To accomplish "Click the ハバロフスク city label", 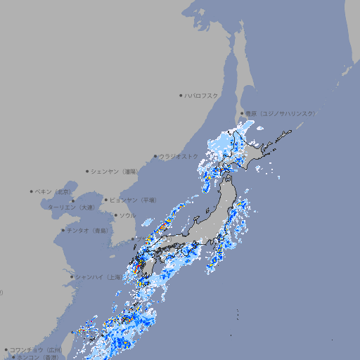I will tap(202, 95).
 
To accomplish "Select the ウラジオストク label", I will tap(179, 156).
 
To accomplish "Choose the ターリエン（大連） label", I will tap(71, 207).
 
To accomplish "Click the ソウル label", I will tap(127, 215).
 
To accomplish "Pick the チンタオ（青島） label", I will tap(87, 230).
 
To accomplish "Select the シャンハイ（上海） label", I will tap(98, 277).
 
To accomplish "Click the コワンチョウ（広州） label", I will tap(36, 349).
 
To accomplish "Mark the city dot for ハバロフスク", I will tap(181, 95).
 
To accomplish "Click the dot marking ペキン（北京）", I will tap(32, 191).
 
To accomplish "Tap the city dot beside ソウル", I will tap(115, 215).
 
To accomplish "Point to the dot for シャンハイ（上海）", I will tap(72, 277).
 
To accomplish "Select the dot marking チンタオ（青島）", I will tap(63, 230).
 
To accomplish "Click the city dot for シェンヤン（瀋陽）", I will tap(88, 171).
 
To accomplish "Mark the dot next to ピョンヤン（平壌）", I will tap(106, 200).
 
